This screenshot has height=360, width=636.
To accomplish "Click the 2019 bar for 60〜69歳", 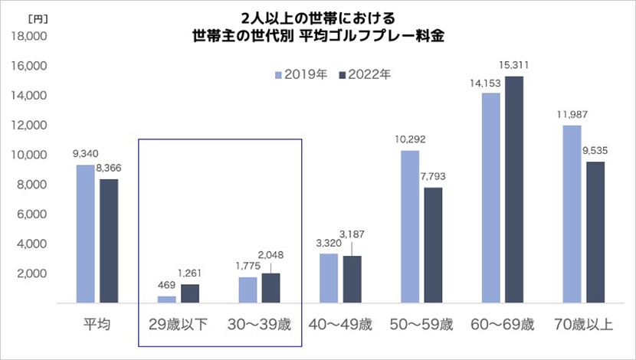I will click(x=490, y=198).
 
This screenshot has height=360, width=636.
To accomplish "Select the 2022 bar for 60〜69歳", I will click(x=515, y=190).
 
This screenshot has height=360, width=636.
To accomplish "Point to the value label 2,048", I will click(x=270, y=254).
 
